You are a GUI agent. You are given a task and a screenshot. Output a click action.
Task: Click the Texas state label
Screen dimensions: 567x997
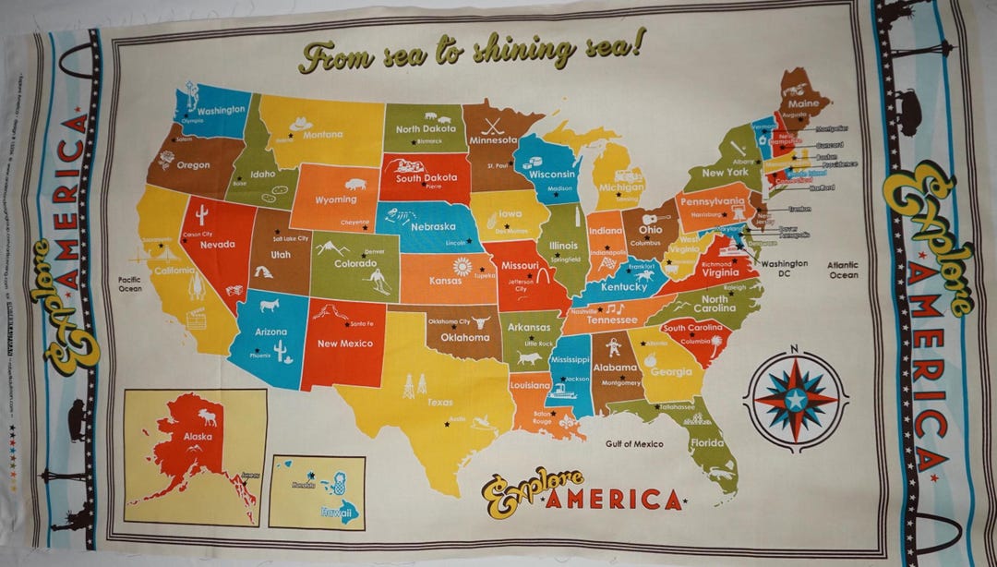(440, 403)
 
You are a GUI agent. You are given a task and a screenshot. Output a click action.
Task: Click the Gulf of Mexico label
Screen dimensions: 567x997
(634, 444)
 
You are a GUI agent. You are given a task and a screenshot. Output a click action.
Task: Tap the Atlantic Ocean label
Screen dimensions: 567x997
(842, 270)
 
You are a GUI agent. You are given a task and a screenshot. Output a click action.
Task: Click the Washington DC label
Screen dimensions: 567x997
(785, 269)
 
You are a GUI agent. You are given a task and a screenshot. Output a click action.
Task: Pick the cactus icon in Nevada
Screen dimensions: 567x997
(200, 215)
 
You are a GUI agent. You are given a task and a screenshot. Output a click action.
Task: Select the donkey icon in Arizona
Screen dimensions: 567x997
(270, 305)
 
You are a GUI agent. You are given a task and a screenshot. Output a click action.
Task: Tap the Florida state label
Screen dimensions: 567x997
(708, 442)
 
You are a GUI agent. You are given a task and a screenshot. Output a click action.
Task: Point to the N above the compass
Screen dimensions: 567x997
(794, 348)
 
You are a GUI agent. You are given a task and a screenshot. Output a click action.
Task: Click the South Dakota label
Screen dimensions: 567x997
(426, 177)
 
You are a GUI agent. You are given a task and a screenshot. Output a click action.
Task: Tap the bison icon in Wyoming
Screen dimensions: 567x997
(354, 185)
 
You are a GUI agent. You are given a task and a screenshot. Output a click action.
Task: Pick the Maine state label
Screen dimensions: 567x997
(802, 104)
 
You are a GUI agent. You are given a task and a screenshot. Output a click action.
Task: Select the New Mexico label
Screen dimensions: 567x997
(345, 344)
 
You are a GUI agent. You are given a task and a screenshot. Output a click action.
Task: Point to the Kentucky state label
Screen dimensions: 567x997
(624, 286)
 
